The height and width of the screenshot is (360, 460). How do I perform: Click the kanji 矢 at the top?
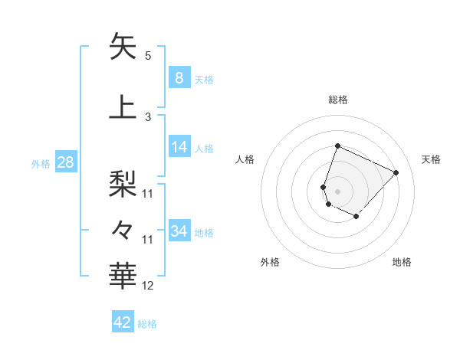[123, 47]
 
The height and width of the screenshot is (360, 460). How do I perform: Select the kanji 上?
[123, 107]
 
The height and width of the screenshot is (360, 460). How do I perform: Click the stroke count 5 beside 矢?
[147, 56]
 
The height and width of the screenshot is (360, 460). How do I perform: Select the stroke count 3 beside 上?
[147, 116]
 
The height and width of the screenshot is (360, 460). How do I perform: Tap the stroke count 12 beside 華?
[148, 286]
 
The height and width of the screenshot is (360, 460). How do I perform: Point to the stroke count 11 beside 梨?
[148, 193]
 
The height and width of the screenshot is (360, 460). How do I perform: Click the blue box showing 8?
[179, 77]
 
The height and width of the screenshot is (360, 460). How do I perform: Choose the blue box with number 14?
[179, 147]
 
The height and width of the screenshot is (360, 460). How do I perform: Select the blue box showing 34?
[179, 231]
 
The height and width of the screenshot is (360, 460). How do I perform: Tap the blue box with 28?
[65, 162]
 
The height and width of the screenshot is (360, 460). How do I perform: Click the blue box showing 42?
[123, 322]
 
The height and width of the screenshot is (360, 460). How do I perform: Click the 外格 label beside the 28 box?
[41, 163]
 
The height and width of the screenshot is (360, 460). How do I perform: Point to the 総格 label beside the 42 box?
[147, 324]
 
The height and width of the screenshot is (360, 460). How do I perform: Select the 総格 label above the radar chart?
[337, 100]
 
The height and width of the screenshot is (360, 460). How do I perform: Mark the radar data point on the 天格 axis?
[396, 172]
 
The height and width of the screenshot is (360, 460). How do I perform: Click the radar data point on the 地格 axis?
[356, 217]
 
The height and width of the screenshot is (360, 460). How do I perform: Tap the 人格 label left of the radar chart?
[245, 159]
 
